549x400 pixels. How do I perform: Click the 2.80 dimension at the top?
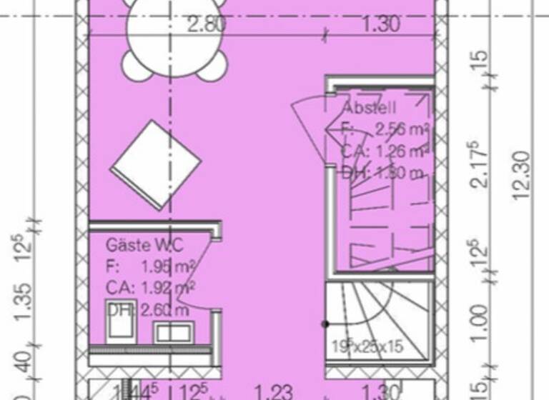pyautogui.click(x=207, y=24)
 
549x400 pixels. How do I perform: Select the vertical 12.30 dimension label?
pyautogui.click(x=523, y=174)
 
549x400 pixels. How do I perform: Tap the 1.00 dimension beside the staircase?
pyautogui.click(x=481, y=323)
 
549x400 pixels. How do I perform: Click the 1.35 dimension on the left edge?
pyautogui.click(x=23, y=301)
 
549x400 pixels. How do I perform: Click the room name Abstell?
pyautogui.click(x=369, y=109)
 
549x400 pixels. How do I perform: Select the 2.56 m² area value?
pyautogui.click(x=401, y=130)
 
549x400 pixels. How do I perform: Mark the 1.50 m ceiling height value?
pyautogui.click(x=397, y=172)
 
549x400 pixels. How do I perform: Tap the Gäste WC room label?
pyautogui.click(x=144, y=245)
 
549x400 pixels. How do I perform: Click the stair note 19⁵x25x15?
pyautogui.click(x=367, y=346)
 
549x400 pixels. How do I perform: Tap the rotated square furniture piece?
pyautogui.click(x=155, y=164)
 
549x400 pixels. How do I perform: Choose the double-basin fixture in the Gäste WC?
pyautogui.click(x=174, y=331)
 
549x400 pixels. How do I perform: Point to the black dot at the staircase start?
pyautogui.click(x=325, y=324)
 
